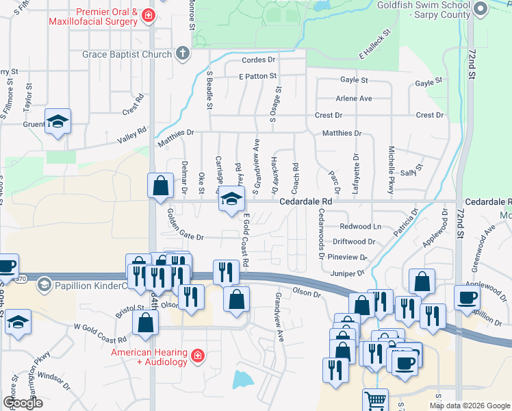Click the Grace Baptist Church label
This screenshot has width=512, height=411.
click(127, 54)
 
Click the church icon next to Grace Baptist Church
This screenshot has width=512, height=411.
click(183, 53)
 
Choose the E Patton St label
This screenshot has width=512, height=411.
click(258, 76)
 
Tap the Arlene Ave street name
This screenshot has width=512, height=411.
click(354, 99)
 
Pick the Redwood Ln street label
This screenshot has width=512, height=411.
click(361, 227)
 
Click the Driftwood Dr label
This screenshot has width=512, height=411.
click(354, 242)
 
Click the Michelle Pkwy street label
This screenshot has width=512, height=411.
click(392, 171)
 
